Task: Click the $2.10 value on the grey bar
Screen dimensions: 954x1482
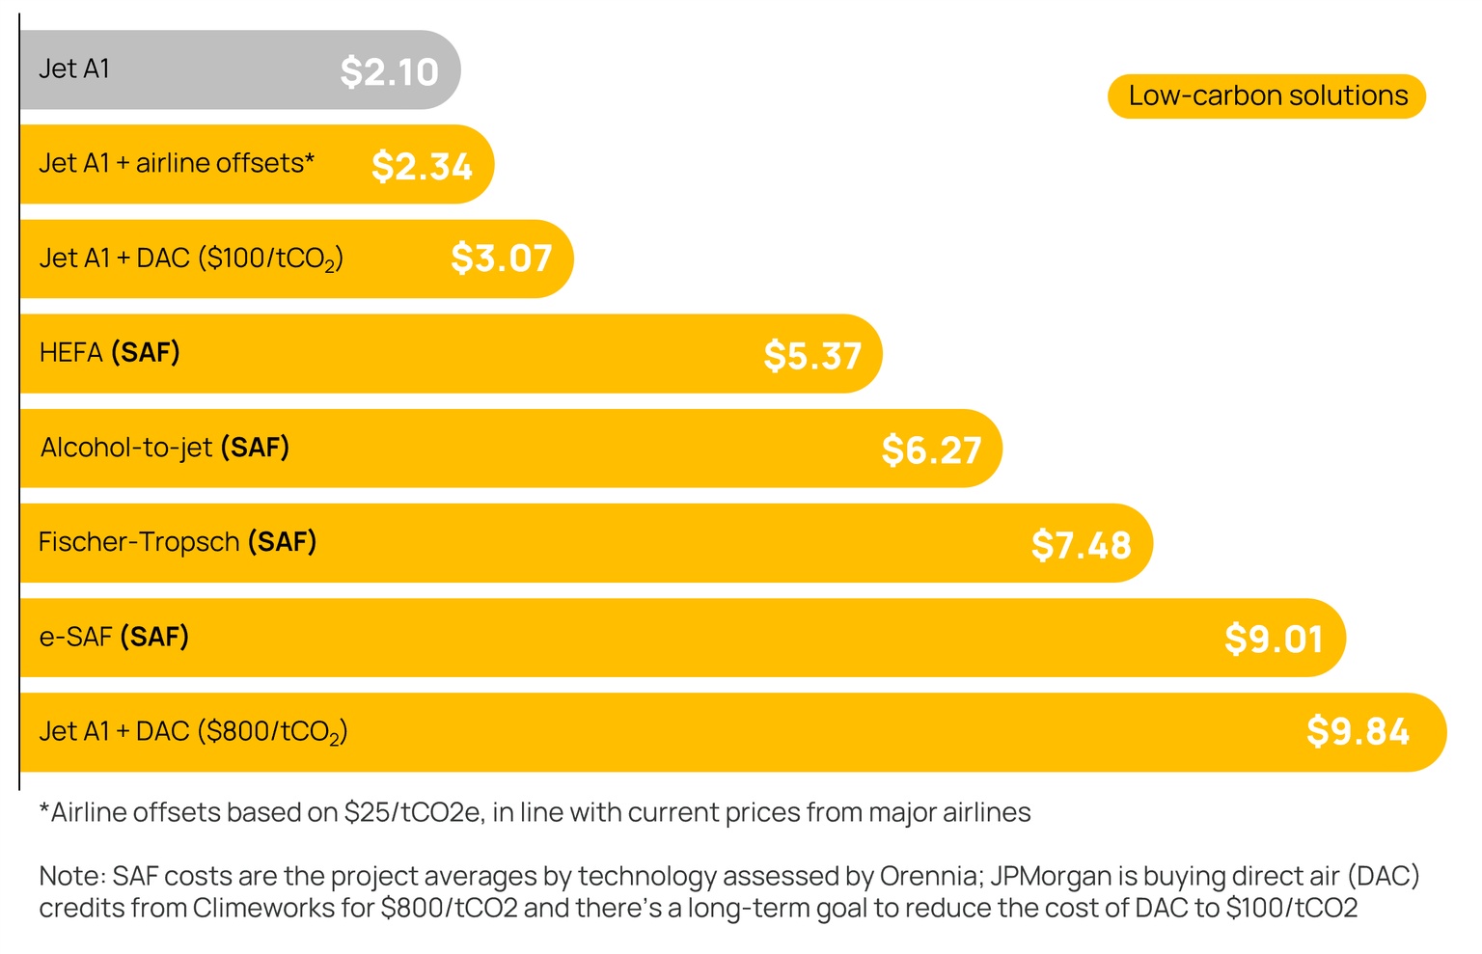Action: pyautogui.click(x=389, y=72)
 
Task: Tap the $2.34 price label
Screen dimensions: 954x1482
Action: pyautogui.click(x=422, y=167)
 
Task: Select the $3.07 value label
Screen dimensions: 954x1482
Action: pyautogui.click(x=501, y=259)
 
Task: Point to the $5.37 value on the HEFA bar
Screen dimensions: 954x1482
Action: pyautogui.click(x=812, y=356)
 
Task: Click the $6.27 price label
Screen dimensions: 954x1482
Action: pyautogui.click(x=931, y=450)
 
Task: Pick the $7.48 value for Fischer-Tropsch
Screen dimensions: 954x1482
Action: pyautogui.click(x=1081, y=545)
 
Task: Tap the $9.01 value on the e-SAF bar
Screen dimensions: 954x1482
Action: pyautogui.click(x=1273, y=639)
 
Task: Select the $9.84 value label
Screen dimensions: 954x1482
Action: pyautogui.click(x=1358, y=732)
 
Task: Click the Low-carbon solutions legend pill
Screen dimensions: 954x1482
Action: pyautogui.click(x=1267, y=96)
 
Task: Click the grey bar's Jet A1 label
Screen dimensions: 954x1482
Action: pyautogui.click(x=74, y=69)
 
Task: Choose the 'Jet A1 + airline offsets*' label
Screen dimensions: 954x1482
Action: pyautogui.click(x=177, y=163)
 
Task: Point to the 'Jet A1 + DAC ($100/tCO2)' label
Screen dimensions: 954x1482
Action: pyautogui.click(x=191, y=259)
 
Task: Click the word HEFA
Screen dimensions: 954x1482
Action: pyautogui.click(x=70, y=353)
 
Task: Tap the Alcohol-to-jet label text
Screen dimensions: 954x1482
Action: pyautogui.click(x=126, y=448)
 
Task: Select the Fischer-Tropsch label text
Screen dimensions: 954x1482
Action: pyautogui.click(x=139, y=542)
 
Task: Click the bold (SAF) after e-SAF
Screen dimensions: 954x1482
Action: pyautogui.click(x=154, y=637)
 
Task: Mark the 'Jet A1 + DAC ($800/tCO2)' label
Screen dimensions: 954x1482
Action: pyautogui.click(x=193, y=732)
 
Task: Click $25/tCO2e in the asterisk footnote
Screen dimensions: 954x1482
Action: pyautogui.click(x=412, y=813)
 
